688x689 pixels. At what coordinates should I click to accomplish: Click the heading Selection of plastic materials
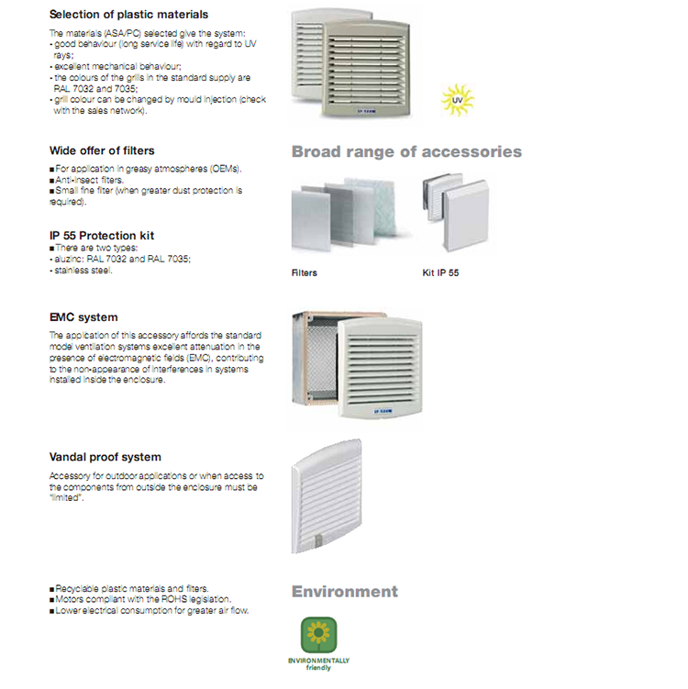[128, 15]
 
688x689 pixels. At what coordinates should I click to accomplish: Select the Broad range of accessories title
[406, 151]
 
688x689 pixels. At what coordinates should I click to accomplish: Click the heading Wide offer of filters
[102, 150]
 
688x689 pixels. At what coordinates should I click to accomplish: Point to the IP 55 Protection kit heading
[102, 236]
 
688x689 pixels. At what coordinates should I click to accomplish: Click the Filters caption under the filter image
[304, 272]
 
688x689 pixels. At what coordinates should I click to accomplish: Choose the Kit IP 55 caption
[440, 272]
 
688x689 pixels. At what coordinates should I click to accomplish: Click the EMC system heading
[83, 317]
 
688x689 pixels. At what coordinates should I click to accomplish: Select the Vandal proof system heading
[105, 457]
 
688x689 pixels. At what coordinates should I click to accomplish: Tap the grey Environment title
[345, 591]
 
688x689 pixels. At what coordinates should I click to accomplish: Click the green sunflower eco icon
[319, 635]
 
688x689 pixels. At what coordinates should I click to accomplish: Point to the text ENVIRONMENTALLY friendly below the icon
[319, 662]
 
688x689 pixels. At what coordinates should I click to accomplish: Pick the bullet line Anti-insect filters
[87, 181]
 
